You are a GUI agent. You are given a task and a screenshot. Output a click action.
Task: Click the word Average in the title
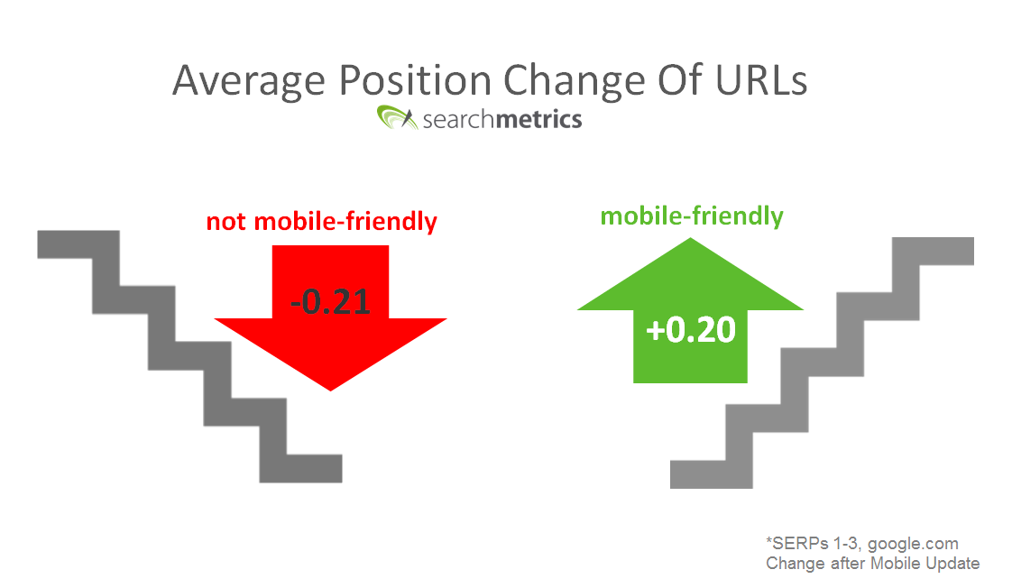click(249, 82)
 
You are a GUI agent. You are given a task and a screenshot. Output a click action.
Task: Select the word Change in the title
click(574, 82)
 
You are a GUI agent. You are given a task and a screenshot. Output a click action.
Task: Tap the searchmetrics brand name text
click(502, 119)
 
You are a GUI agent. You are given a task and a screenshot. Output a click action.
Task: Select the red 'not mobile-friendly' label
click(321, 221)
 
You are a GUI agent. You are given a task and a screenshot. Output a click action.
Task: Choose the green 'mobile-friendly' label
click(692, 216)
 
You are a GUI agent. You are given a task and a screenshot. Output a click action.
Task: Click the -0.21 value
click(330, 301)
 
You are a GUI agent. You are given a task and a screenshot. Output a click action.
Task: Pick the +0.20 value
click(691, 330)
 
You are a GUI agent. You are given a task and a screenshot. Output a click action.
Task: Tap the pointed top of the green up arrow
click(691, 238)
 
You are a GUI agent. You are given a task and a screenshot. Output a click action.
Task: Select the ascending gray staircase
click(823, 363)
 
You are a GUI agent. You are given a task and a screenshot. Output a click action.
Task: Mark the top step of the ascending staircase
click(934, 251)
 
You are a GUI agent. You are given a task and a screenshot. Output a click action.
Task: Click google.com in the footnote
click(913, 544)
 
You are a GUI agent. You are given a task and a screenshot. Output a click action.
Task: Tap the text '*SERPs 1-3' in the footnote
click(814, 544)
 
